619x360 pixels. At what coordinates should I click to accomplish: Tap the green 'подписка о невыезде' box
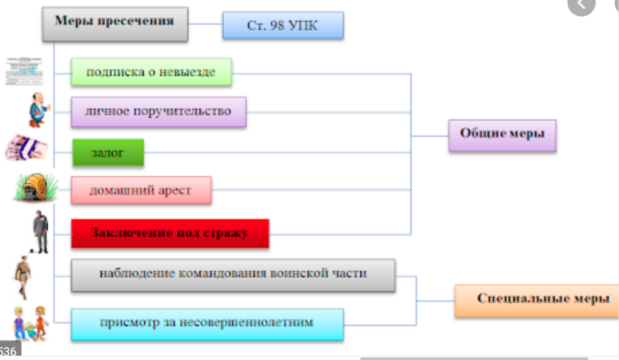151,72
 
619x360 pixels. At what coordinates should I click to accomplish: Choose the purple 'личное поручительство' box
158,112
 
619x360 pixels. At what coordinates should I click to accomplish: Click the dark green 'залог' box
108,153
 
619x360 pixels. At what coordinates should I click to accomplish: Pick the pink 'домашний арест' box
141,190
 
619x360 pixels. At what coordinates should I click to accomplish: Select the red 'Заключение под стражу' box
169,233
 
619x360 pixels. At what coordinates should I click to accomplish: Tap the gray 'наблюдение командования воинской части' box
233,274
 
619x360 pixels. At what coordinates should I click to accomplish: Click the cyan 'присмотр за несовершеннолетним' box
207,323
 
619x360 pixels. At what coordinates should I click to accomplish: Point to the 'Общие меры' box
502,135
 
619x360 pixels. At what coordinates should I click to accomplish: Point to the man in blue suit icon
38,110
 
